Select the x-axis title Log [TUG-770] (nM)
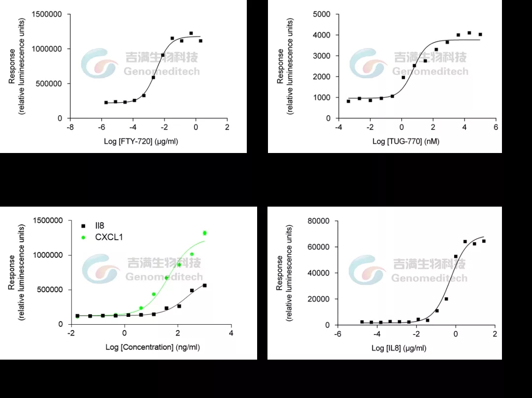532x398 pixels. click(406, 142)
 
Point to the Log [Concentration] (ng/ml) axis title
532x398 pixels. click(152, 347)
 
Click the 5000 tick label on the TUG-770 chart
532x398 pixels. click(322, 14)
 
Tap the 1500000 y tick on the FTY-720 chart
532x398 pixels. click(47, 14)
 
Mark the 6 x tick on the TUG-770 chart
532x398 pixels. click(496, 127)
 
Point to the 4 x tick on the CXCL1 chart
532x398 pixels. click(231, 333)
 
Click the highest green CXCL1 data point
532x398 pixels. click(204, 233)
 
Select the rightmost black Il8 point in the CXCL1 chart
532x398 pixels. click(204, 285)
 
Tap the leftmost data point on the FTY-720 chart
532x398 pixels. click(106, 102)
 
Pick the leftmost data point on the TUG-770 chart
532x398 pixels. click(348, 101)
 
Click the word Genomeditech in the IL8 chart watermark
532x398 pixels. click(429, 278)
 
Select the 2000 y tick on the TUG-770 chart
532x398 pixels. click(322, 77)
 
